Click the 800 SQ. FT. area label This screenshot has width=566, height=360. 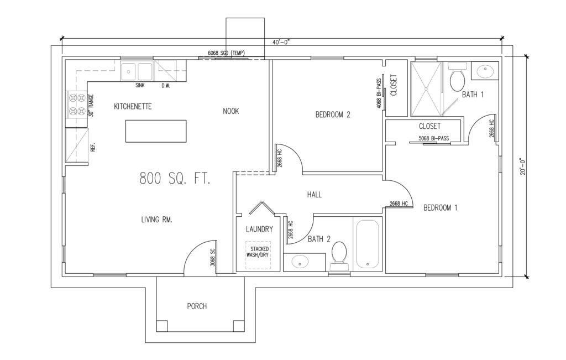click(x=175, y=179)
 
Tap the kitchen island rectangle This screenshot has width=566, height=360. click(x=156, y=131)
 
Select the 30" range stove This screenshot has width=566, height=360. click(x=76, y=105)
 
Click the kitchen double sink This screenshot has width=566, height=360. click(x=137, y=71)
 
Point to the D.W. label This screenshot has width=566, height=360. click(x=166, y=86)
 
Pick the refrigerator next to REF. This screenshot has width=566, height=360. click(x=76, y=145)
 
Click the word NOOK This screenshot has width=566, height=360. click(x=230, y=111)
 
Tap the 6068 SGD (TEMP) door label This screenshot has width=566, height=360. click(x=226, y=53)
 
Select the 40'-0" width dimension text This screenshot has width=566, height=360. click(x=281, y=42)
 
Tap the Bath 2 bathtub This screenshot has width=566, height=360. click(x=368, y=244)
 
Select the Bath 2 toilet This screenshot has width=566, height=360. click(x=339, y=256)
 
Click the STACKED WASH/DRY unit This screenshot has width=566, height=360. click(x=258, y=255)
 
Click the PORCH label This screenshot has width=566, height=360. click(x=197, y=306)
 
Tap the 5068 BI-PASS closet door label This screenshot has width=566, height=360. click(x=433, y=138)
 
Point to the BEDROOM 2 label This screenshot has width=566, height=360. click(x=333, y=115)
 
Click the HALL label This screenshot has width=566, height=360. click(x=315, y=195)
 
